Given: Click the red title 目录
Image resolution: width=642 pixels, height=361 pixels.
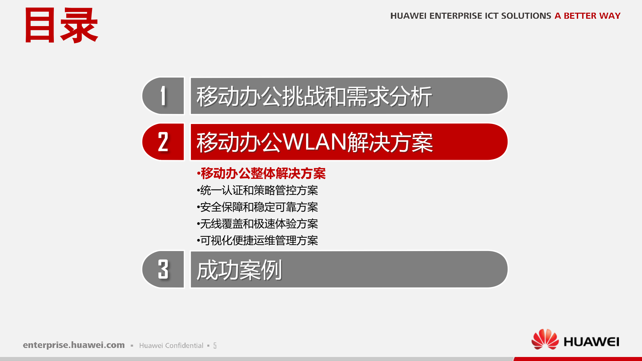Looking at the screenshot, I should (62, 26).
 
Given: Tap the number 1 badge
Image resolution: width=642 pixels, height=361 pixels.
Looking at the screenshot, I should (163, 96).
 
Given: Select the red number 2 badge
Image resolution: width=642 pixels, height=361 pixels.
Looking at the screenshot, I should (163, 142).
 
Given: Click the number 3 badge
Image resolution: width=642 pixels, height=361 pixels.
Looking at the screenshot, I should (163, 269).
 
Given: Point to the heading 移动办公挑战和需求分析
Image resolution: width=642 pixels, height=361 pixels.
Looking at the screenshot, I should (314, 97).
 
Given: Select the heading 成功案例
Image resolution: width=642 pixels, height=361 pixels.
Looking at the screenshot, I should (239, 270).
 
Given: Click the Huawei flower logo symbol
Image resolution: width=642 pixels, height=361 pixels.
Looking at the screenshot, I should (545, 339).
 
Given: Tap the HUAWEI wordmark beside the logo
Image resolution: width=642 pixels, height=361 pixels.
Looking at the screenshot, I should (591, 342).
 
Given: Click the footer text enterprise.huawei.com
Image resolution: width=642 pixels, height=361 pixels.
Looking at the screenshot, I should (74, 345).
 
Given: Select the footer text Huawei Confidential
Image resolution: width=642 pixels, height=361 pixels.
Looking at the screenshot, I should (171, 346).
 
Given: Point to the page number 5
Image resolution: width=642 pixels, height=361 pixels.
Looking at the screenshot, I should (215, 346).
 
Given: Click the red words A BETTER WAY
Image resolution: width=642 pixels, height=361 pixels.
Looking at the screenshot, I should (587, 16).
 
